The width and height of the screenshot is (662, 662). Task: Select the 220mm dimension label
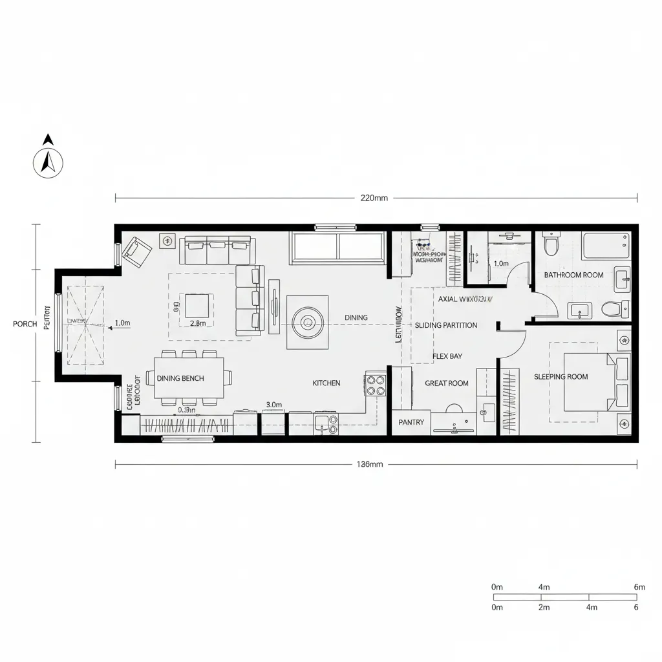(374, 198)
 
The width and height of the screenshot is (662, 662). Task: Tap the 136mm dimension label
(370, 464)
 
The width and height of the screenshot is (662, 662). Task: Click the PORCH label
(25, 324)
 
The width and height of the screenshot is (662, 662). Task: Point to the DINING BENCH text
(180, 378)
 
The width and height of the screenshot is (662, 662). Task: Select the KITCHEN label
(326, 383)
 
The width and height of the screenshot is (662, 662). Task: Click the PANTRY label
(411, 422)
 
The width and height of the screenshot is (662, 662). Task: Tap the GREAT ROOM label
(446, 383)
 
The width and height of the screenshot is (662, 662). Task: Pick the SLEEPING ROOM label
(561, 376)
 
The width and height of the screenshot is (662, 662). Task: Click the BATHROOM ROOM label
(573, 275)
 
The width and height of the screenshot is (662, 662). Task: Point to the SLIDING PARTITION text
(446, 325)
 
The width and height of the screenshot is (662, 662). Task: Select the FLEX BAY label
(447, 356)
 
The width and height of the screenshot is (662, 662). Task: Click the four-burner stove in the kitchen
(376, 385)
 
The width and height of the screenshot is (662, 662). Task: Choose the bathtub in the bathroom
(605, 246)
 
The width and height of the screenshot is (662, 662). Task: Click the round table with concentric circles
(306, 322)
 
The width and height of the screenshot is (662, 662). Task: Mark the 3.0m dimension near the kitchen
(274, 405)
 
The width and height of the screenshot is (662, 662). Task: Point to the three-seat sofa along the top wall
(217, 250)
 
